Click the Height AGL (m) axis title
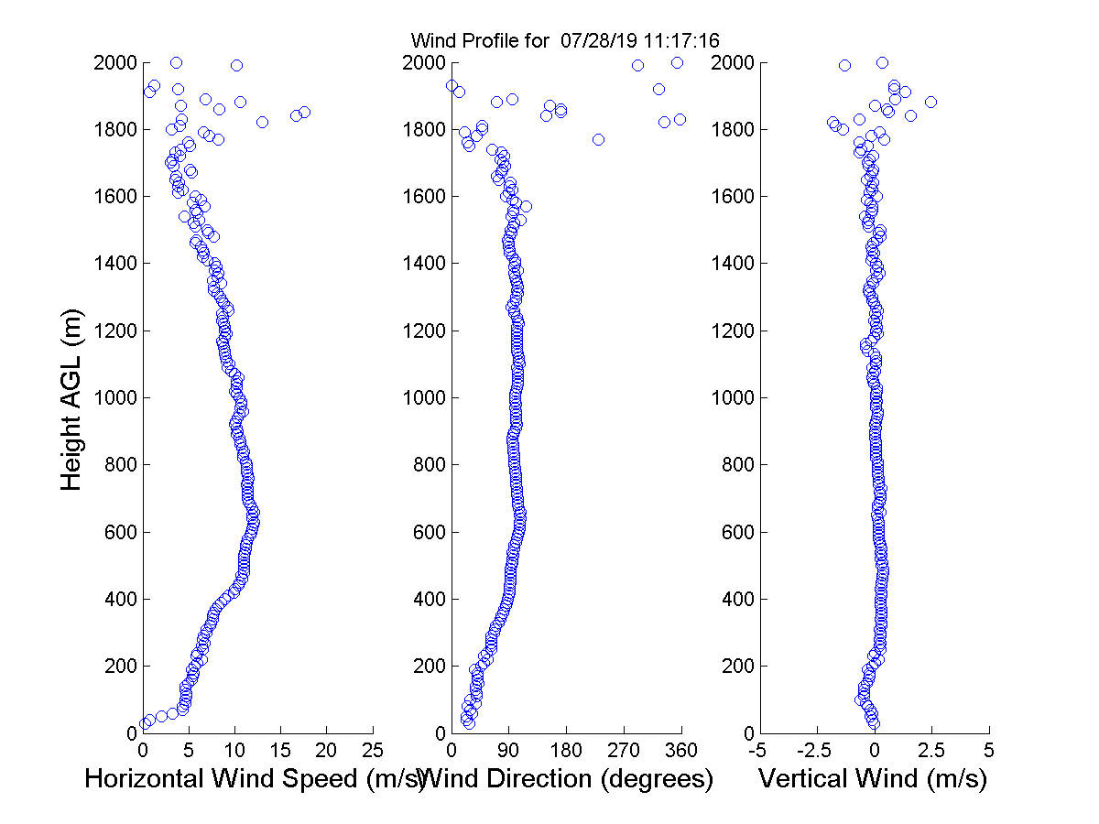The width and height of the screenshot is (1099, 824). coord(71,398)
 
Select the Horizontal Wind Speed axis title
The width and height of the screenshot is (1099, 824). coord(255,779)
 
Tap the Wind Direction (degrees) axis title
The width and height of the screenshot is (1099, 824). coord(568,779)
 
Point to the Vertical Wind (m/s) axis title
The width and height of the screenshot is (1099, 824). coord(873,779)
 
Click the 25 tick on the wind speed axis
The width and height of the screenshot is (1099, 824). coord(373,751)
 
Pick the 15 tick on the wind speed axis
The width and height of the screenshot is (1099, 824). coord(280,751)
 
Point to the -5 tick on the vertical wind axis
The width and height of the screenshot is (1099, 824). coord(758,751)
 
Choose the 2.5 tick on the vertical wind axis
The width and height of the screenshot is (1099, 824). coord(931,751)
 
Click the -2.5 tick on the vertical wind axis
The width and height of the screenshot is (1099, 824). coord(815,751)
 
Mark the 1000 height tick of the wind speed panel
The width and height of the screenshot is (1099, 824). coord(116,398)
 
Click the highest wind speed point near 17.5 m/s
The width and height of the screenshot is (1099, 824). coord(304,112)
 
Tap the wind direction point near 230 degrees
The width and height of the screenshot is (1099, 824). coord(598,139)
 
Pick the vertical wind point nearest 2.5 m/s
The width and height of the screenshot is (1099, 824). coord(930,102)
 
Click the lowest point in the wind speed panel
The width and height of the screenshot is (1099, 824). coord(145,724)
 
